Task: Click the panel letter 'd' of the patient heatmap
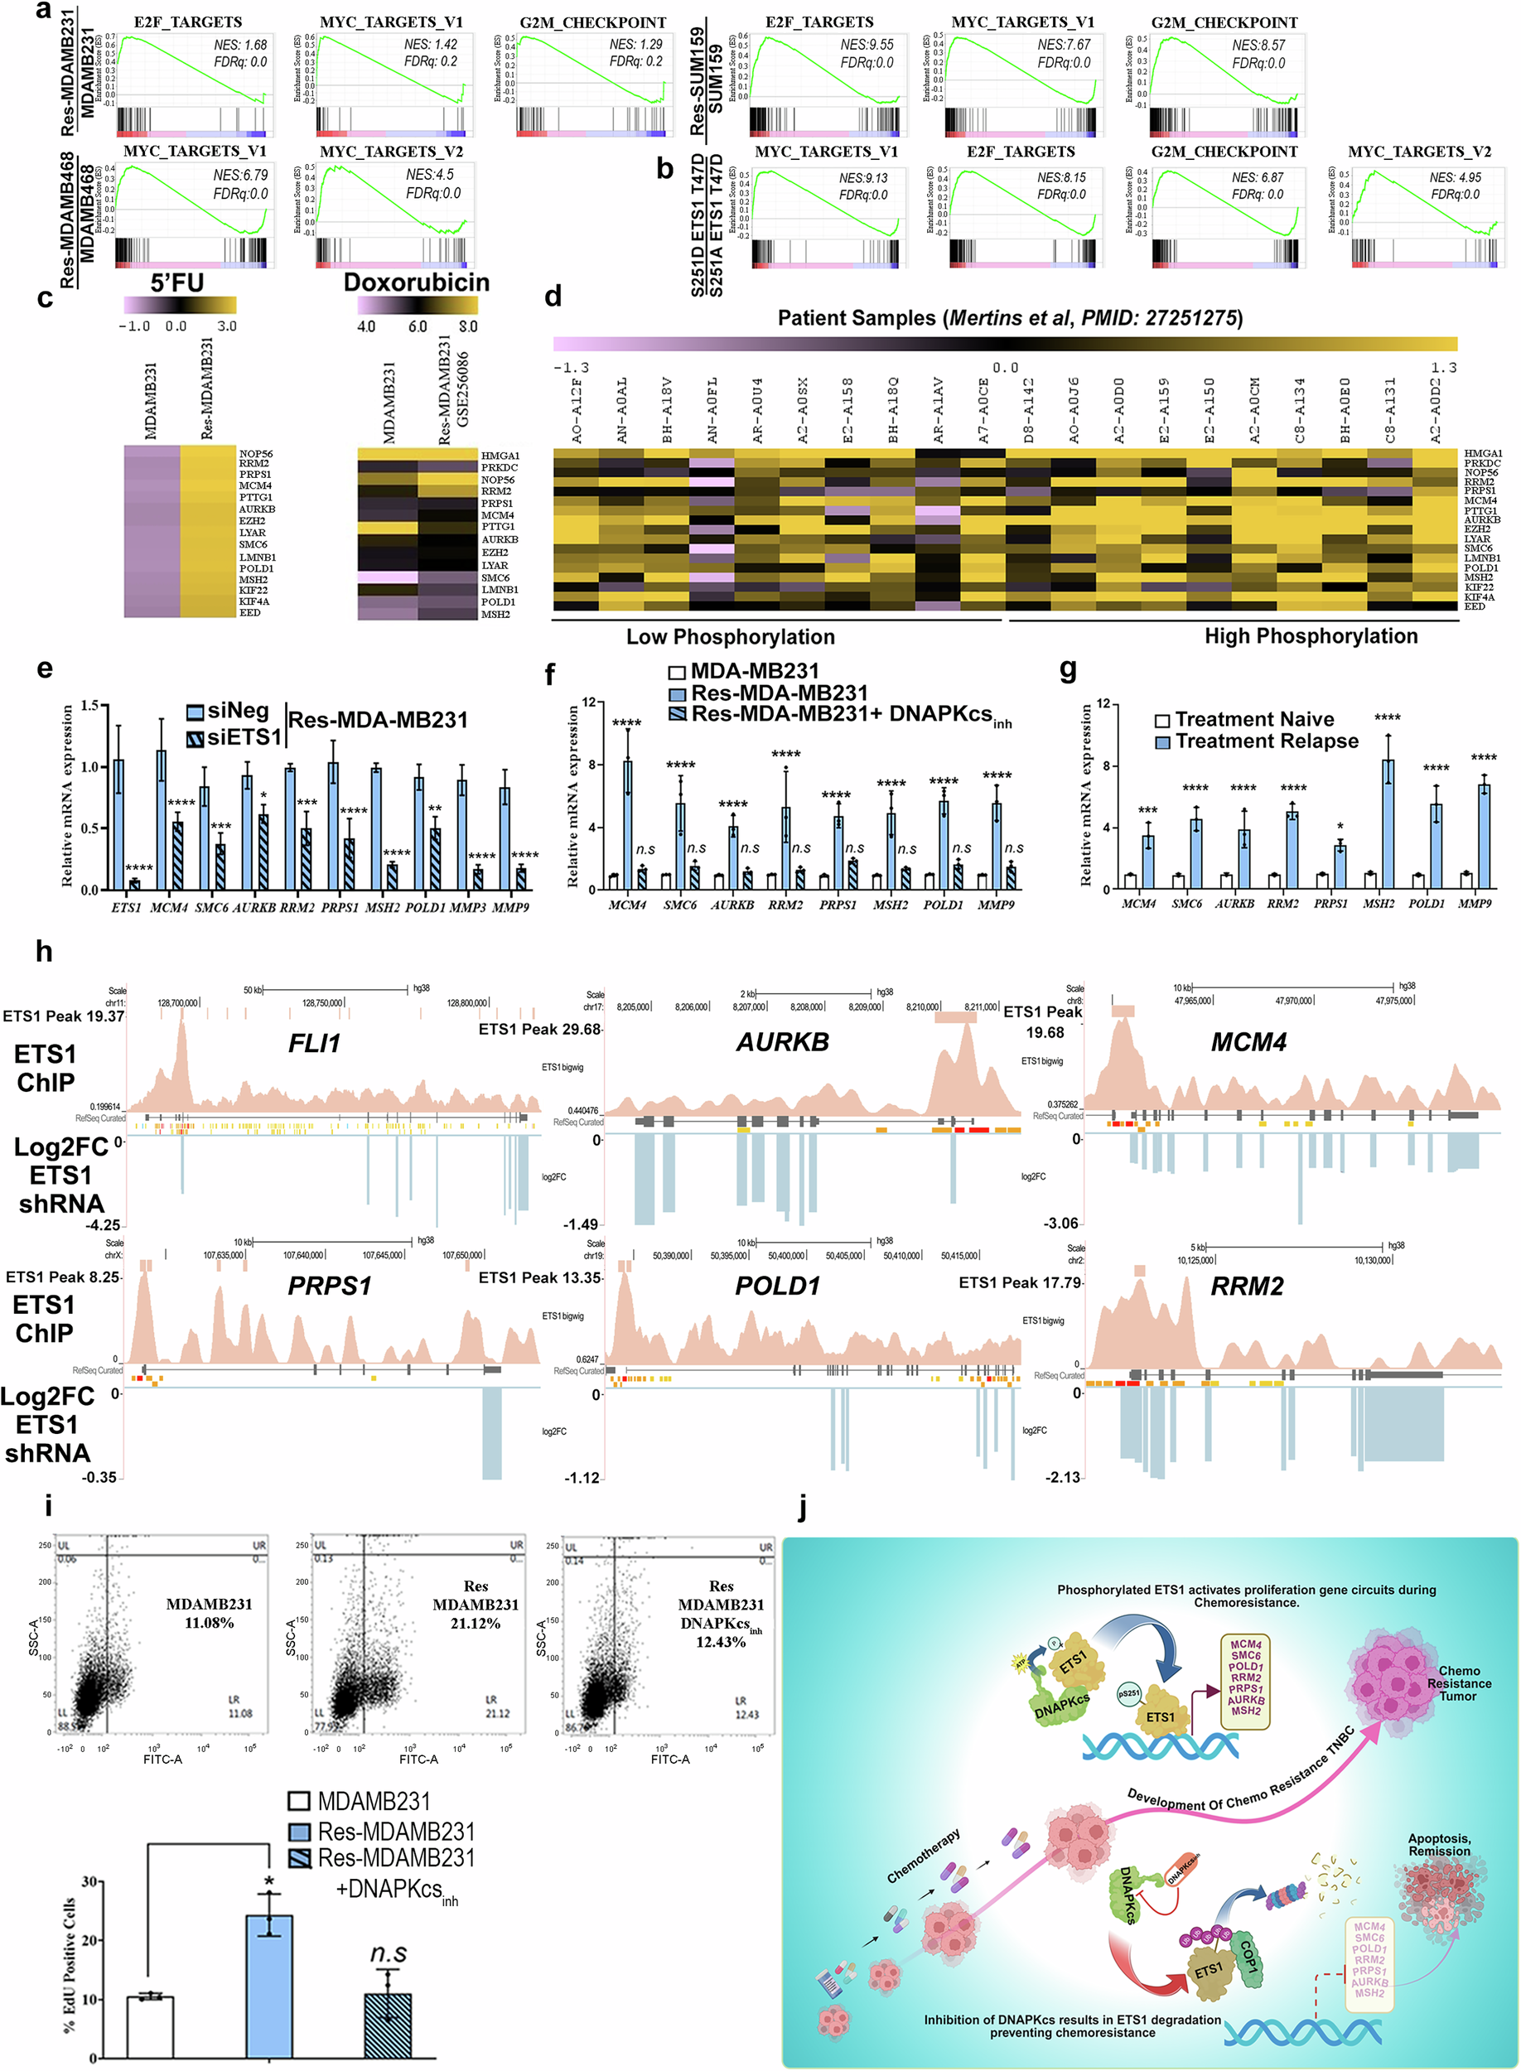pyautogui.click(x=553, y=297)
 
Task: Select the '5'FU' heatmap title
pyautogui.click(x=176, y=282)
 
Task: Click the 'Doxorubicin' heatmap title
pyautogui.click(x=416, y=282)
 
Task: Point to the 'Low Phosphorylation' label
pyautogui.click(x=730, y=637)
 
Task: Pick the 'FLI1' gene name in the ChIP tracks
pyautogui.click(x=314, y=1043)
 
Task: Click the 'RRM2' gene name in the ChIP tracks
pyautogui.click(x=1246, y=1286)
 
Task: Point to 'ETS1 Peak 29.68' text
pyautogui.click(x=538, y=1029)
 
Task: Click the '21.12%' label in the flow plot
pyautogui.click(x=475, y=1623)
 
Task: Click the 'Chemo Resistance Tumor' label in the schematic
pyautogui.click(x=1458, y=1682)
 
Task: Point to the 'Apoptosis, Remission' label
pyautogui.click(x=1438, y=1845)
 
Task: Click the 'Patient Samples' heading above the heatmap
pyautogui.click(x=1009, y=318)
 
